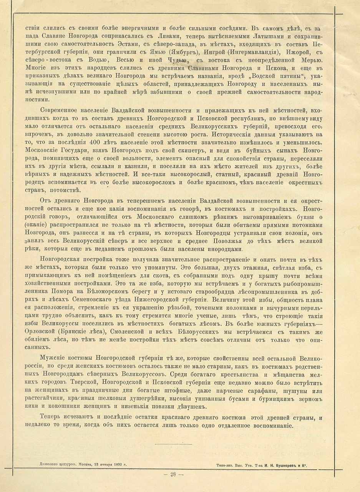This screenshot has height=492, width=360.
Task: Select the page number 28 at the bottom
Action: [173, 475]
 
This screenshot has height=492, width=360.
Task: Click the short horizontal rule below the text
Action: [173, 444]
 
